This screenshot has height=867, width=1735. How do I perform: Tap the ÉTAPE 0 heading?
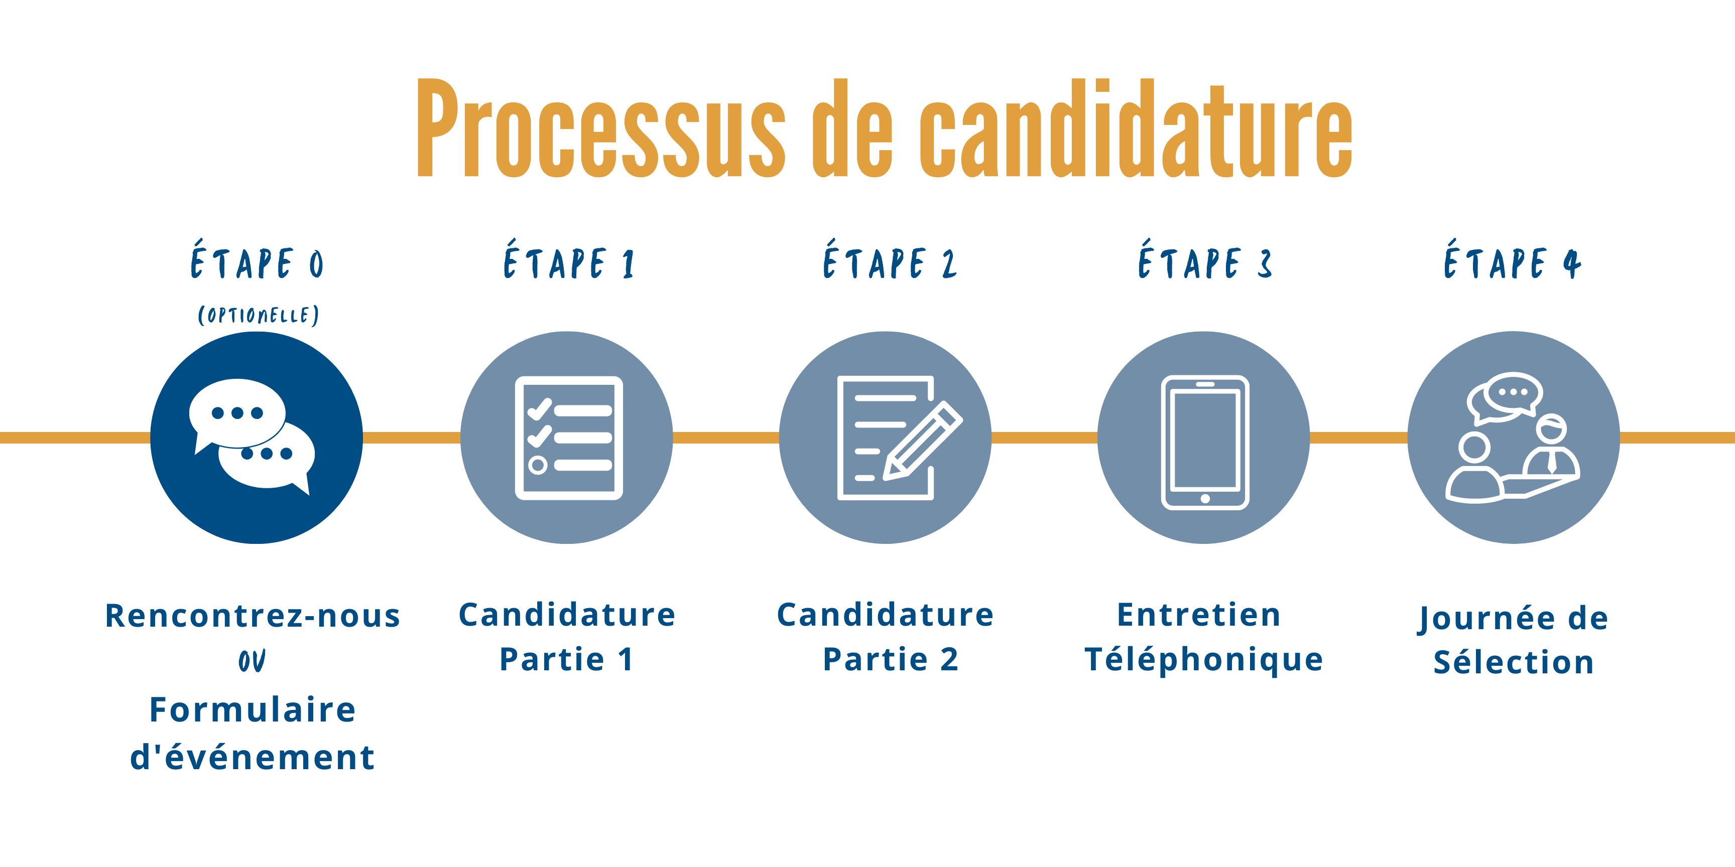point(257,262)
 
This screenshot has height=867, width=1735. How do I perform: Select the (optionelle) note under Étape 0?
point(258,315)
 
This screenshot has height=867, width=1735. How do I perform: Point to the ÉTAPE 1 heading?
point(569,262)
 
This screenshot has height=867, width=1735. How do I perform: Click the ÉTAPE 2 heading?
point(889,262)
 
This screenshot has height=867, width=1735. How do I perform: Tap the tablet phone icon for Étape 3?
point(1204,442)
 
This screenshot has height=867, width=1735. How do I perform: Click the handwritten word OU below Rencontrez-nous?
point(252,660)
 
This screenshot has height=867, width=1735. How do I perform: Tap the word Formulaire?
point(253,709)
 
